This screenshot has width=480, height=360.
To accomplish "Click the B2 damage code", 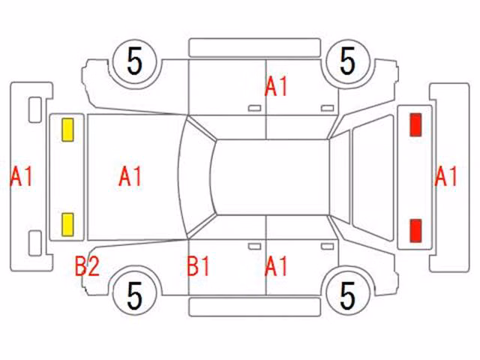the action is (87, 266).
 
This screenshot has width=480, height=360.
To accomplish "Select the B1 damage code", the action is (198, 266).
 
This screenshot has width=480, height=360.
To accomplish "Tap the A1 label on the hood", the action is (130, 177).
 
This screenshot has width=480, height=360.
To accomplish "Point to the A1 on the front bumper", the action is (21, 177).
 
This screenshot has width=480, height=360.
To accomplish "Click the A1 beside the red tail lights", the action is (445, 177).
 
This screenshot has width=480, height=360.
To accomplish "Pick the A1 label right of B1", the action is (276, 266).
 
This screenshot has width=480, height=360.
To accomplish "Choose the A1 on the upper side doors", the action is (276, 87).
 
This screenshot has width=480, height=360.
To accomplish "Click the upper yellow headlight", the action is (67, 130).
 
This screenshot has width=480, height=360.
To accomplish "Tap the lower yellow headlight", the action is (67, 225).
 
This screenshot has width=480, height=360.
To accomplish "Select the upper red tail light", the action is (415, 124).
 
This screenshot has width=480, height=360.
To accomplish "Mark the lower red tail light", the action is (415, 231).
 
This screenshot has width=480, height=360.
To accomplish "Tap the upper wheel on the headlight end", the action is (135, 61).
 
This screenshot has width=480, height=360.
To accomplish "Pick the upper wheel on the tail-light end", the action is (348, 61).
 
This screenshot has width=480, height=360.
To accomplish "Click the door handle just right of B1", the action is (254, 247).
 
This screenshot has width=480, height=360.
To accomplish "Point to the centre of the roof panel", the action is (271, 177).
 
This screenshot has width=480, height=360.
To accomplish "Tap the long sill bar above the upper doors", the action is (255, 48).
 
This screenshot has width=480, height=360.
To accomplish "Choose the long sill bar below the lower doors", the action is (255, 307).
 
